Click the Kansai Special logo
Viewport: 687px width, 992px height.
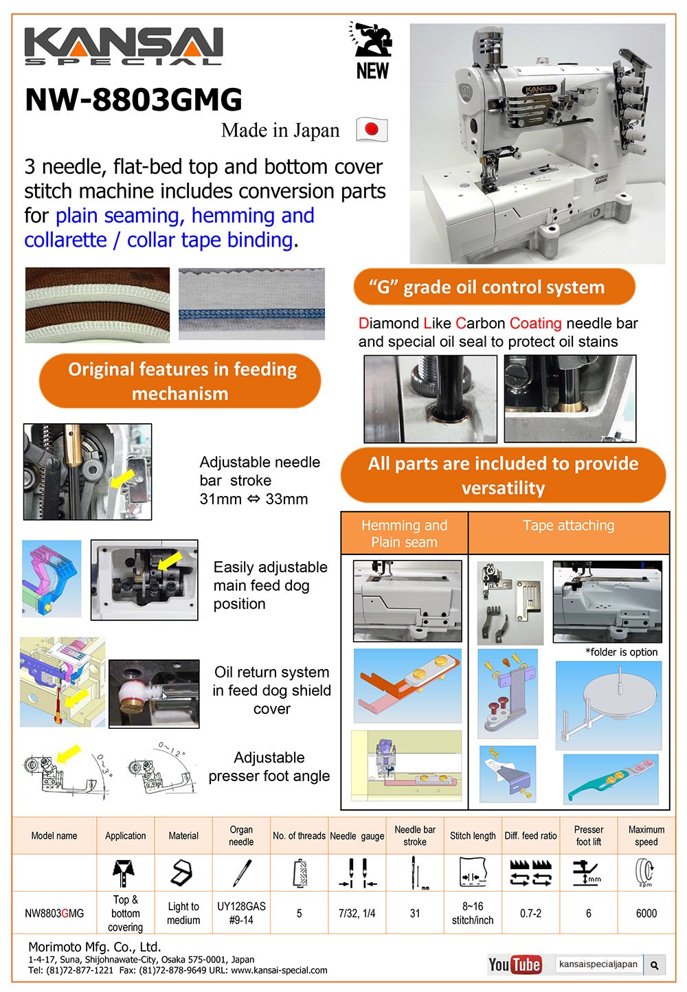click(x=124, y=46)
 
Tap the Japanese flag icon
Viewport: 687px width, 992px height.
click(x=372, y=129)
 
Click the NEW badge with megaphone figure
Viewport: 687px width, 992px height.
click(x=372, y=50)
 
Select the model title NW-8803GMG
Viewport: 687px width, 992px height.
click(x=134, y=99)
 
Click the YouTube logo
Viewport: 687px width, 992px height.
click(x=515, y=964)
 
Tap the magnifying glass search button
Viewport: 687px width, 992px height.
click(x=655, y=965)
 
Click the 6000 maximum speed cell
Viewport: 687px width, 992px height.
click(x=646, y=913)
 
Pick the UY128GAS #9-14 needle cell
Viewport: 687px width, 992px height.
click(x=241, y=913)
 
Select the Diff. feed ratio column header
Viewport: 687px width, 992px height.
click(x=530, y=835)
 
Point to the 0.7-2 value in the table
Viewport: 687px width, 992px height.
click(x=530, y=913)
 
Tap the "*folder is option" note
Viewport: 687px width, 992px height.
click(x=622, y=652)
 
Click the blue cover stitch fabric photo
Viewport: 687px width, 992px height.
click(x=251, y=304)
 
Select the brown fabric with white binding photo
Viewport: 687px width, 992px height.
click(x=98, y=305)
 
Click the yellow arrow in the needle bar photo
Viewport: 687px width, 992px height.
click(x=122, y=480)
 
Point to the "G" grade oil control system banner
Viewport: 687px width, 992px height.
click(x=495, y=287)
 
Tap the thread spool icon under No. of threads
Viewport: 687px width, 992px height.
click(x=300, y=873)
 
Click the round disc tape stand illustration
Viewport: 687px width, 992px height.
click(x=609, y=705)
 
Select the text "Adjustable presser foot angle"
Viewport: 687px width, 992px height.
click(x=269, y=767)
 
